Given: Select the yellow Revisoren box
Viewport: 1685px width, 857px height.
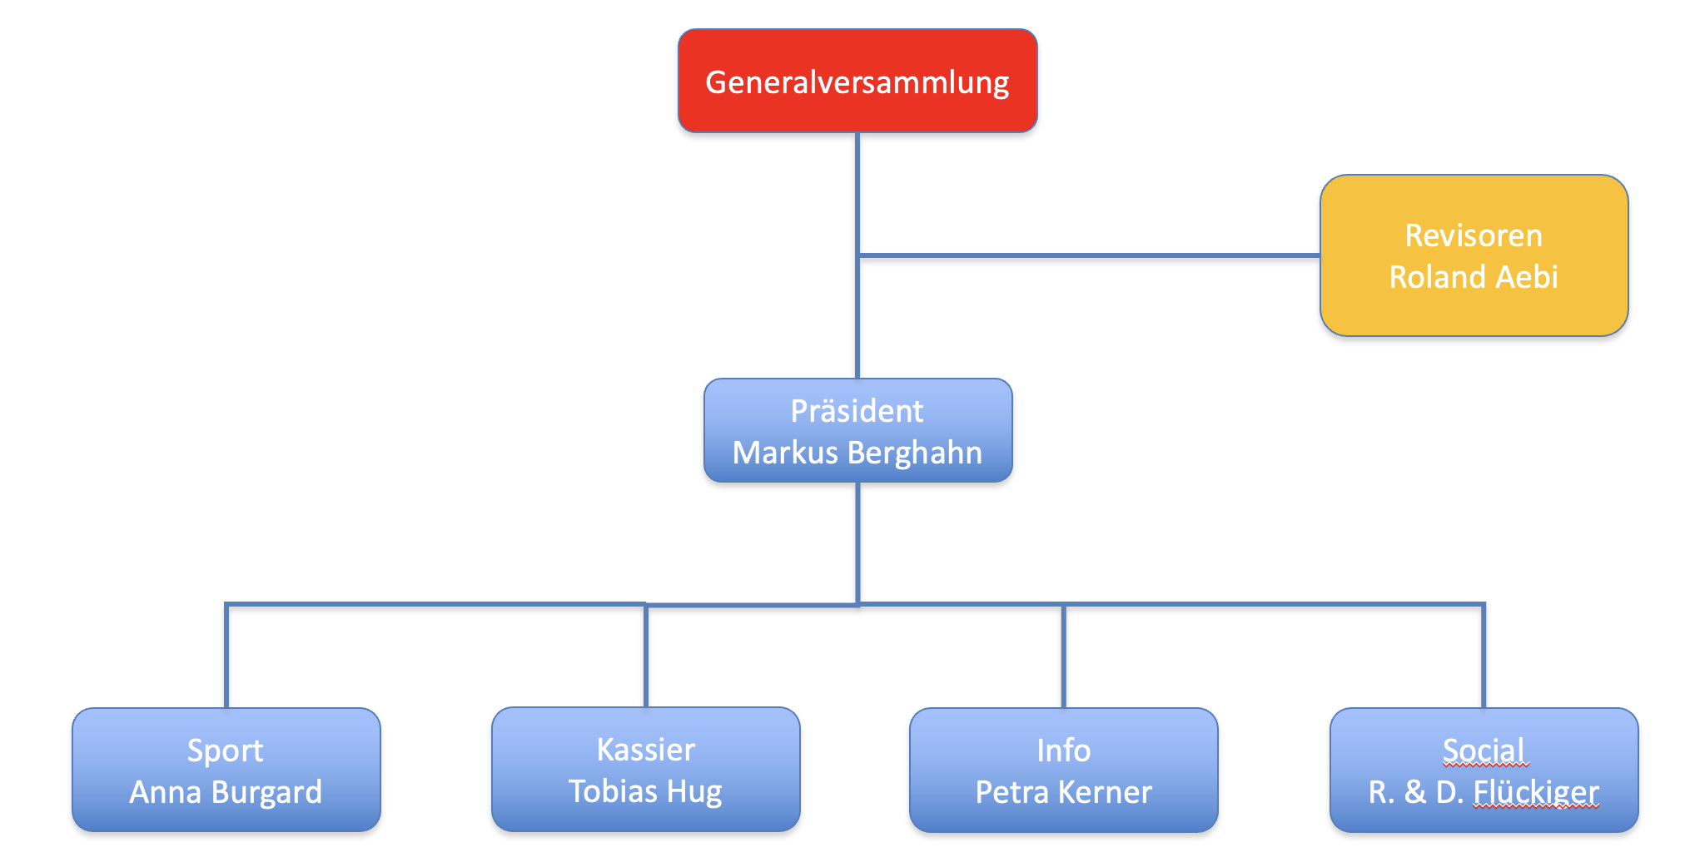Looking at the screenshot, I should tap(1474, 316).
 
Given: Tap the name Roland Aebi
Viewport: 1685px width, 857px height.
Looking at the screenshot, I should tap(1474, 277).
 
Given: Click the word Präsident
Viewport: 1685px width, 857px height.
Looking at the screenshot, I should tap(857, 411).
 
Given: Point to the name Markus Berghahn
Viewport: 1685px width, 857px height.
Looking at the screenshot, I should tap(857, 453).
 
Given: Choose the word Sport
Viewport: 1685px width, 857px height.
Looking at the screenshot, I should tap(225, 750).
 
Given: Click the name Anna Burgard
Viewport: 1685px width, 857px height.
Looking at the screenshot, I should tap(226, 792).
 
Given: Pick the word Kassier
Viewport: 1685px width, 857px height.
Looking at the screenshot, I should tap(646, 750).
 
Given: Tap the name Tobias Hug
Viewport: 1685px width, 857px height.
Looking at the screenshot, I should tap(645, 791).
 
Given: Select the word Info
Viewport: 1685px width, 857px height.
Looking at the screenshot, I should tap(1064, 750).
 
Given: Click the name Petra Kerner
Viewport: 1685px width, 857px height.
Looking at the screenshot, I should tap(1064, 792).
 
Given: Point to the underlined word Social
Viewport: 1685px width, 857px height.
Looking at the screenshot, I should tap(1484, 750).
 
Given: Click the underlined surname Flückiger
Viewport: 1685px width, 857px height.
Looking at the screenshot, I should tap(1536, 792).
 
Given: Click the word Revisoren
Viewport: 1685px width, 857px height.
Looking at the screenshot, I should tap(1474, 235).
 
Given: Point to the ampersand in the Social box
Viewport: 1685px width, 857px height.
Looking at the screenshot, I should tap(1415, 792).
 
